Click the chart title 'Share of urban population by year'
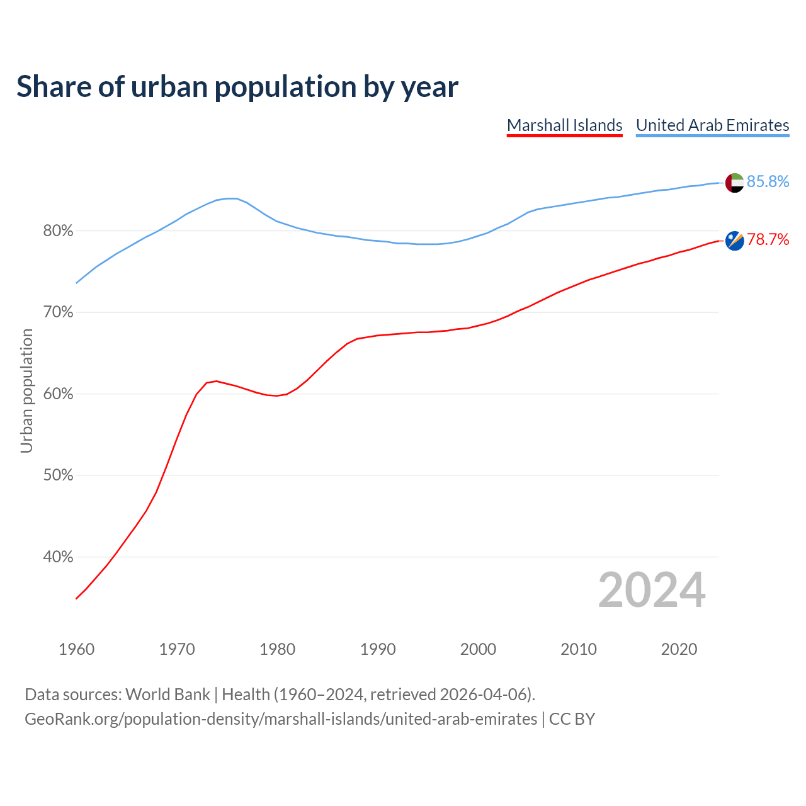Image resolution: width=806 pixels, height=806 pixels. coord(237,87)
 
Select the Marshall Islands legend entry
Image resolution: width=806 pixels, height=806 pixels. coord(564,125)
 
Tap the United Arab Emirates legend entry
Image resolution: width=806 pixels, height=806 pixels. coord(712,125)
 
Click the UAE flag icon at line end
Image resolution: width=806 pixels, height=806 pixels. coord(734,183)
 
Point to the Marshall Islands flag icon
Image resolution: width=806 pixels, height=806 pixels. coord(734,241)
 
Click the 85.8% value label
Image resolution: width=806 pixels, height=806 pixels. coord(768,182)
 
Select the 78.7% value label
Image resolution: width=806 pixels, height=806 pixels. coord(768,239)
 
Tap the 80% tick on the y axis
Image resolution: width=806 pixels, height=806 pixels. coord(58,231)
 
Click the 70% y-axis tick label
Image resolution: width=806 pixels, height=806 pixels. coord(58,312)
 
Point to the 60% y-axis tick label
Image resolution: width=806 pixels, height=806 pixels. coord(58,394)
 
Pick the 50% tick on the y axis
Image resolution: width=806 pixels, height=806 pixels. coord(58,475)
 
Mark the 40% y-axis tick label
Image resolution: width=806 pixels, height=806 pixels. coord(58,557)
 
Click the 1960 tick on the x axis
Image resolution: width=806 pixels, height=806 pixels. coord(76,649)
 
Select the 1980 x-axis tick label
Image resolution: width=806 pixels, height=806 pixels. coord(277,649)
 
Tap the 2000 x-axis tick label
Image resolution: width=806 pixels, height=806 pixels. coord(478,649)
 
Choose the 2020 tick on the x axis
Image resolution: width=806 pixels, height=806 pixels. coord(679,649)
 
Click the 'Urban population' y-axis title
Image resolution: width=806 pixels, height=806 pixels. coord(26,391)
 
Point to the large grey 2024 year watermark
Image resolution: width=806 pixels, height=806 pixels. coord(652,590)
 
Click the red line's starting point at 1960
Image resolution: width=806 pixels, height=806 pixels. coord(76,598)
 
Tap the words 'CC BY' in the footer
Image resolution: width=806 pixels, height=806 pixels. coord(572,719)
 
